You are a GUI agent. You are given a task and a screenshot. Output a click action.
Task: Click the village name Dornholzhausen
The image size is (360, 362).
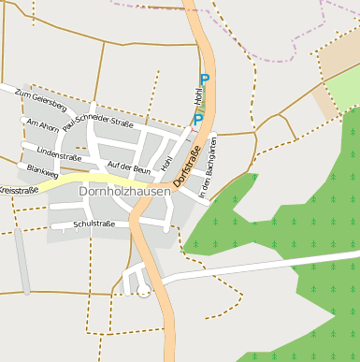(125, 192)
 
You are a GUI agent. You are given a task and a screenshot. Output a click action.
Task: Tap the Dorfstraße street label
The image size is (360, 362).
(187, 164)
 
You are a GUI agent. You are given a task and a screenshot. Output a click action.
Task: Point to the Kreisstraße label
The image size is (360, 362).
(18, 190)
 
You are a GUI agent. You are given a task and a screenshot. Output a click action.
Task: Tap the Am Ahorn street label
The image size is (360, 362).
(43, 123)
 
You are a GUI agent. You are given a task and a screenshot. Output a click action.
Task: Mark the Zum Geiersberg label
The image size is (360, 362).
(41, 99)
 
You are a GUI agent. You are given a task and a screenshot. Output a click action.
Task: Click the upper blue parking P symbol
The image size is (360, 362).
(204, 81)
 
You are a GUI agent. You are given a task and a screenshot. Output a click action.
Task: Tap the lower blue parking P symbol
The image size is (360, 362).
(198, 120)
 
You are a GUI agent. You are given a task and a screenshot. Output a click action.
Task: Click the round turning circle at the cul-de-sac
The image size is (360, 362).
(143, 292)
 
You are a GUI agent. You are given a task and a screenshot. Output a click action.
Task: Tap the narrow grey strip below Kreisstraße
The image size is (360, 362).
(22, 261)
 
